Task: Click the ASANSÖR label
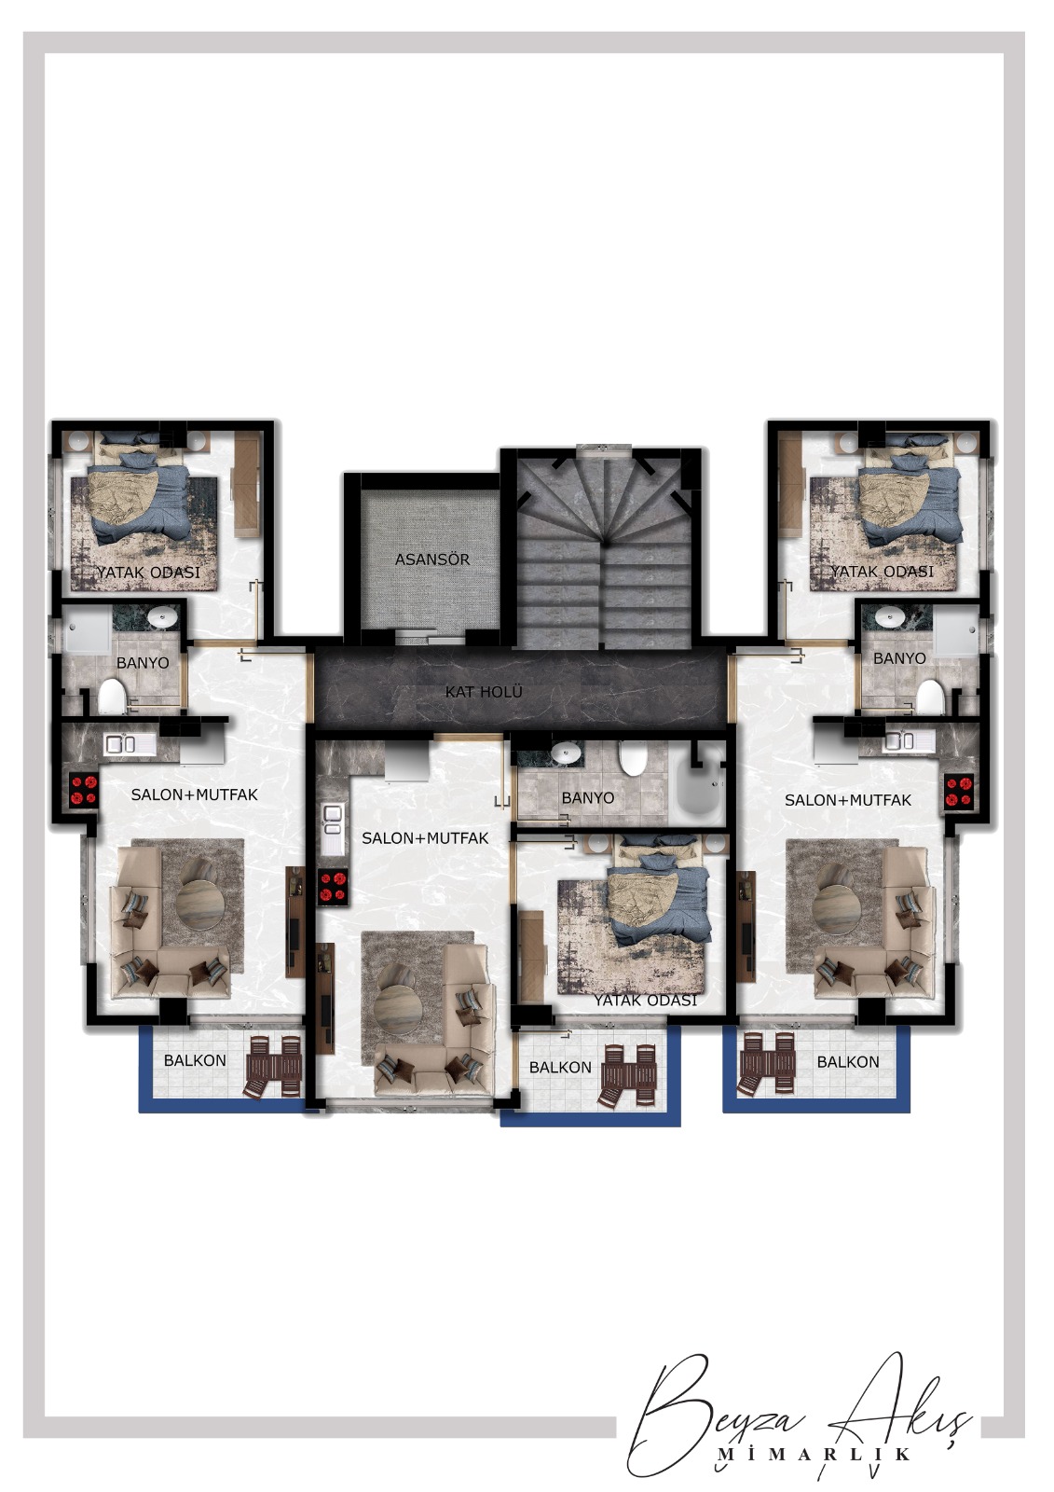pos(432,559)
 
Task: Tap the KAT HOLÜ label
pos(484,692)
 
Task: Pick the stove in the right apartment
pos(960,792)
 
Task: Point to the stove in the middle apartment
pos(334,888)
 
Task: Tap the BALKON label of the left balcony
pos(195,1060)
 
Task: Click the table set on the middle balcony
pos(628,1077)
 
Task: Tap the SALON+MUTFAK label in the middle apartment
pos(426,838)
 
